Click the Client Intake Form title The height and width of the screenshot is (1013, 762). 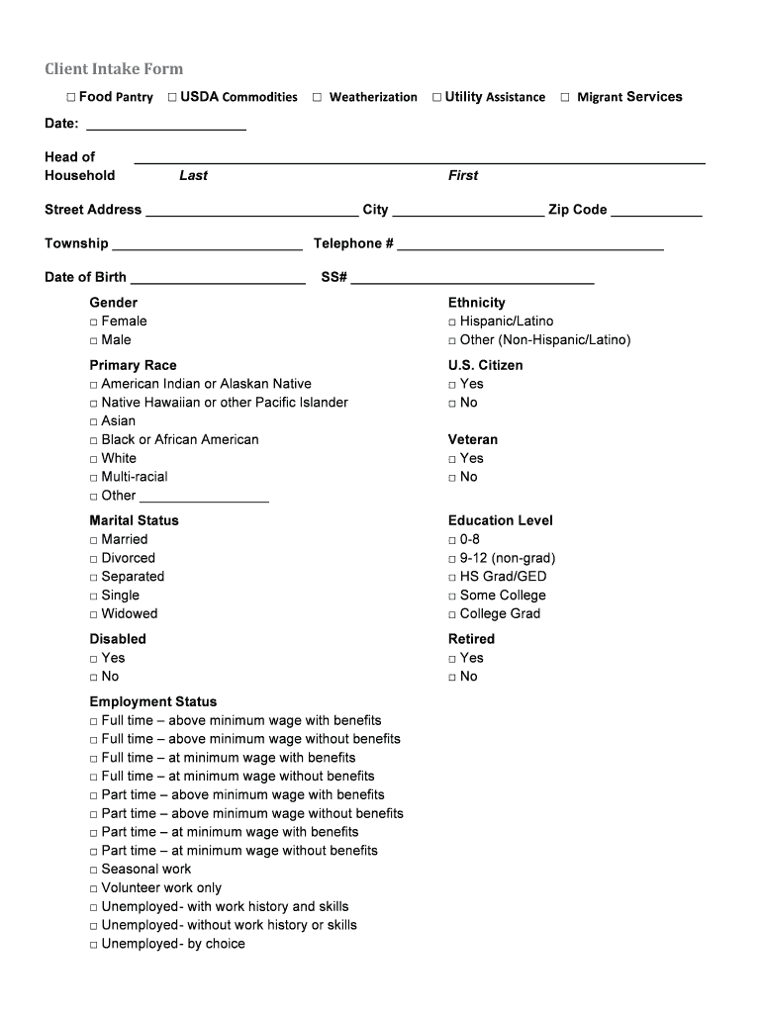[x=114, y=69]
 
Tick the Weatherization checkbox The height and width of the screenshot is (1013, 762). [x=318, y=97]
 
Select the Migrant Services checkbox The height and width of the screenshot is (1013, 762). [x=565, y=97]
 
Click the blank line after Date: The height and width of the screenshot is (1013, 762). [x=166, y=125]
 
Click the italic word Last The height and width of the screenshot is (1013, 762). [x=193, y=175]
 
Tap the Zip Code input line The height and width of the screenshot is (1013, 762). [x=657, y=210]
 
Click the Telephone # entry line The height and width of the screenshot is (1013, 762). [x=530, y=244]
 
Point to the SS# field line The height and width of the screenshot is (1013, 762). [x=472, y=278]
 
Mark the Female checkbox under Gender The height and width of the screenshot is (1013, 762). [x=94, y=322]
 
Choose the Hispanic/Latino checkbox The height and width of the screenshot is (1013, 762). [x=452, y=322]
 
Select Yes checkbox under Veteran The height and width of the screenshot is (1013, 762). [x=452, y=459]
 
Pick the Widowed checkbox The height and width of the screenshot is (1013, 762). [x=94, y=615]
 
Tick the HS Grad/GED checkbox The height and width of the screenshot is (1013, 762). [x=452, y=578]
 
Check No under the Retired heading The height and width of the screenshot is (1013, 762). [x=452, y=678]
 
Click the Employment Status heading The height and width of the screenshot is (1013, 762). [x=153, y=701]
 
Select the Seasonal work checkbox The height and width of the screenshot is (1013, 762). [x=94, y=871]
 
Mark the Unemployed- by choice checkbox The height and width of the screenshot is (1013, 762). [x=94, y=945]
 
